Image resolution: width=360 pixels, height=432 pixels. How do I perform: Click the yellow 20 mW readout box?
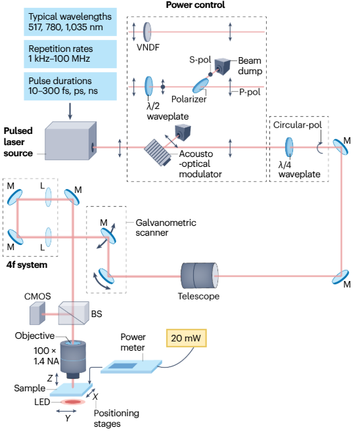coord(186,337)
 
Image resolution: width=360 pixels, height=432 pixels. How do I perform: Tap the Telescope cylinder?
coord(200,276)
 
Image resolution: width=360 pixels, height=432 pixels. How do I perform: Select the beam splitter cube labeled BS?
coord(74,313)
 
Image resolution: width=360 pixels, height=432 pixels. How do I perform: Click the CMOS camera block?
coord(37,313)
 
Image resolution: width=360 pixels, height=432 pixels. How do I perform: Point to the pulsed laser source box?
coord(71,140)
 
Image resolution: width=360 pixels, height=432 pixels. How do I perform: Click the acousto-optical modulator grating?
coord(158,152)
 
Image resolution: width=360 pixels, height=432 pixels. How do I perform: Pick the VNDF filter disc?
coord(147,32)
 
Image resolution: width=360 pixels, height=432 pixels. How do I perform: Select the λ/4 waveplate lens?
coord(289,147)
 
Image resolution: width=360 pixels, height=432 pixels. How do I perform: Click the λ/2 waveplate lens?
coord(148,86)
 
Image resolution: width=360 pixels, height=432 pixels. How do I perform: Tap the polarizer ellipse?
coord(200,85)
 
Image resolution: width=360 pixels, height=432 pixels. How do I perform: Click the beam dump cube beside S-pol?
coord(223,66)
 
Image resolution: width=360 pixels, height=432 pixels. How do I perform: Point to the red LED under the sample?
coord(73,402)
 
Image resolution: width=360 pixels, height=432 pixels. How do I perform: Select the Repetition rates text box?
coord(70,54)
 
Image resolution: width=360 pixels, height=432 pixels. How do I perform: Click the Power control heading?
coord(195,5)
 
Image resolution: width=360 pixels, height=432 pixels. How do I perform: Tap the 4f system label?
coord(27,265)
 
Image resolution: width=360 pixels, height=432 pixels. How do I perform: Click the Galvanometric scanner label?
coord(166,228)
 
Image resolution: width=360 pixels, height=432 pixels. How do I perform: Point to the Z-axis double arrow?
coord(56,379)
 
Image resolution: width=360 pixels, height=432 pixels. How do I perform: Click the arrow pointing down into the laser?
coord(70,112)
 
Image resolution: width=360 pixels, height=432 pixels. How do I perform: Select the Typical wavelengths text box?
coord(70,22)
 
